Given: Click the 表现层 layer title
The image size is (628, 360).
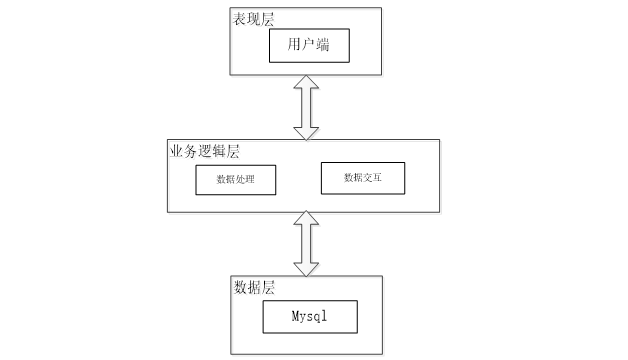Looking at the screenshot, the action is click(x=254, y=19).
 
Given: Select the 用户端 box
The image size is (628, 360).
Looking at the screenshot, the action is click(x=309, y=46).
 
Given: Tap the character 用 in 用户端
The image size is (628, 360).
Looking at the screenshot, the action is click(x=294, y=44).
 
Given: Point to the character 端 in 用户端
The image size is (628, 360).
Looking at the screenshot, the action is click(x=322, y=44).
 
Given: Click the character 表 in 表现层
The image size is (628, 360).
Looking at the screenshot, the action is click(x=240, y=19).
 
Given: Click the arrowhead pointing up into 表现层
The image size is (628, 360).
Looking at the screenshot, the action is click(x=306, y=82).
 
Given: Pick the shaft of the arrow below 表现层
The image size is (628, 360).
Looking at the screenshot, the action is click(x=306, y=108).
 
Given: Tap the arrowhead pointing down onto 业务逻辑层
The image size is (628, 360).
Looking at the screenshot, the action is click(x=306, y=134).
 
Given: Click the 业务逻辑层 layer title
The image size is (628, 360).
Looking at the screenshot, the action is click(x=205, y=151).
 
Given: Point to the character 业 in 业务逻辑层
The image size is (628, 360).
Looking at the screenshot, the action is click(x=177, y=151).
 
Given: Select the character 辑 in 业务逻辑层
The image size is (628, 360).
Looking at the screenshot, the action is click(x=219, y=151).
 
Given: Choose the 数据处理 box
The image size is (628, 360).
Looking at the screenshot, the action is click(x=236, y=180).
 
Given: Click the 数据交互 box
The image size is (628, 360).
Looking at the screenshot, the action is click(x=363, y=178).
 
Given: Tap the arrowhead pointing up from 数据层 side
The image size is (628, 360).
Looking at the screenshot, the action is click(x=306, y=217).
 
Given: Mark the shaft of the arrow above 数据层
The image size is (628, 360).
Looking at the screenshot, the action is click(x=306, y=243).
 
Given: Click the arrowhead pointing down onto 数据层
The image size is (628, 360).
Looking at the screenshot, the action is click(x=306, y=269).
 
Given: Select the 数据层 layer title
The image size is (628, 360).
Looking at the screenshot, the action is click(x=254, y=287).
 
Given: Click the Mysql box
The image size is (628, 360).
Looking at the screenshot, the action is click(x=310, y=317).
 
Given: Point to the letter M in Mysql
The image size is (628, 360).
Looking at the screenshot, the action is click(x=295, y=316).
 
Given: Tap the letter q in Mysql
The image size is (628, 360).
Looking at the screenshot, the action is click(x=318, y=317).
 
